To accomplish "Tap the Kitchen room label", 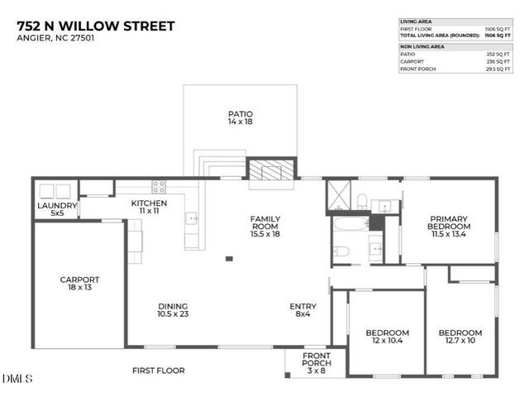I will [x=150, y=208].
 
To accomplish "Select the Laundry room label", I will [x=58, y=210].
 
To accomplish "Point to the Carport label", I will [x=79, y=285].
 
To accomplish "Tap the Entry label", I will [x=303, y=311].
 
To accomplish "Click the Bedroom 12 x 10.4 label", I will [x=387, y=337].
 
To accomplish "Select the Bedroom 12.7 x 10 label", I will [x=460, y=337].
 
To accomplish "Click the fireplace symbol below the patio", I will [x=271, y=170].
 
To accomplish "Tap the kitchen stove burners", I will [x=159, y=187].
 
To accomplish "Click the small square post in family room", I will [x=229, y=260].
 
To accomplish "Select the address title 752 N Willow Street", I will [x=96, y=26].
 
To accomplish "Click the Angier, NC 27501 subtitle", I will [x=50, y=41].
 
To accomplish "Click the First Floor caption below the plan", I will [x=159, y=371].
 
